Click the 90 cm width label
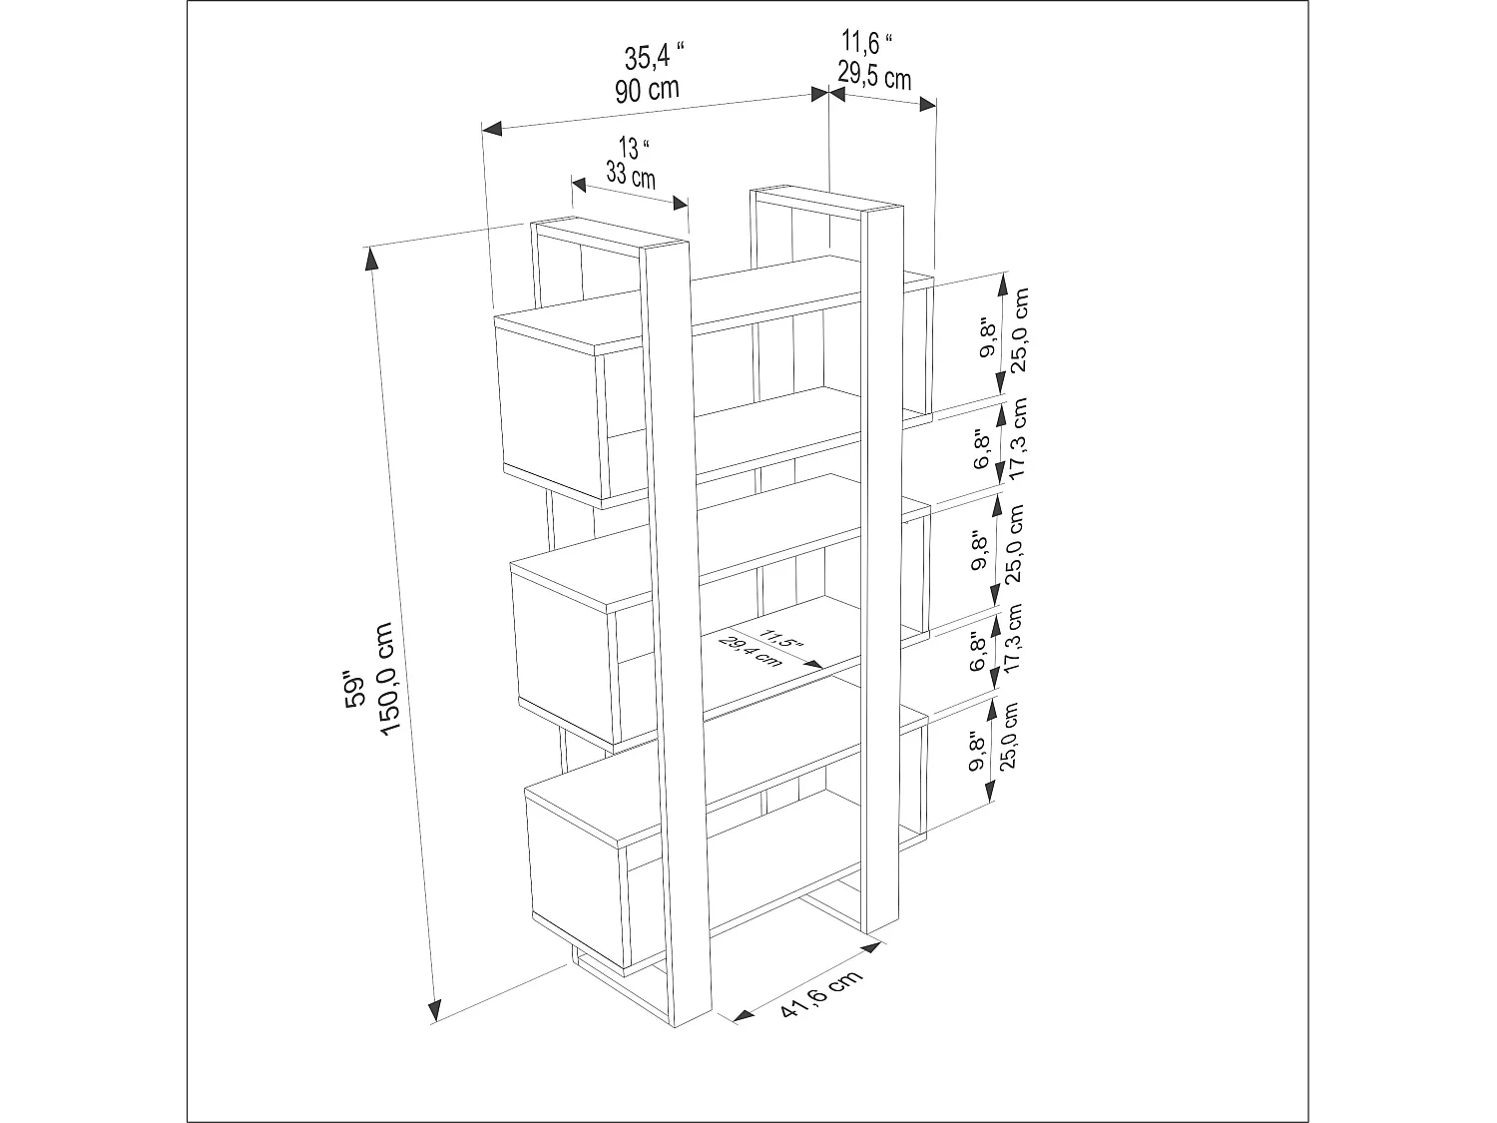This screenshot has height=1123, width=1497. (647, 90)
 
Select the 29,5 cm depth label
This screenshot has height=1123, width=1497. (873, 76)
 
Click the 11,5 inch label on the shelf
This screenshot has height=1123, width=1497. (779, 638)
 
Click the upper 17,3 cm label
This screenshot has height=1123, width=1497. (1017, 439)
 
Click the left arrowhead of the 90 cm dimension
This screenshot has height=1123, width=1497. (490, 129)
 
